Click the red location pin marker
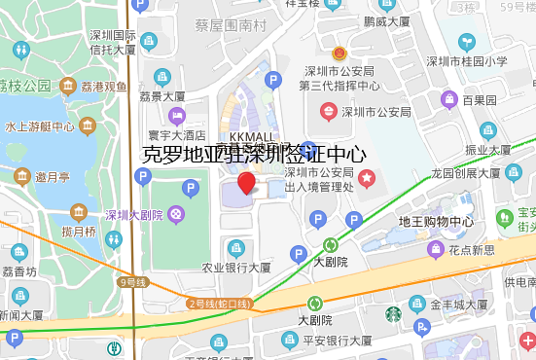tap(247, 183)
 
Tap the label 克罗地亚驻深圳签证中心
tap(254, 154)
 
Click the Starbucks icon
tap(393, 313)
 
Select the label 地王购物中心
tap(436, 221)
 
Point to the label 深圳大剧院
tap(134, 214)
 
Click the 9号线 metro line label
tap(132, 282)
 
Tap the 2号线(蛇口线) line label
tap(219, 304)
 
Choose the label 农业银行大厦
tap(235, 267)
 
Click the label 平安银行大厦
tap(337, 341)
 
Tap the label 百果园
tap(480, 99)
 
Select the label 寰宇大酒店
tap(176, 135)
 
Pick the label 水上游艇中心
tap(40, 126)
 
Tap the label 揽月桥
tap(78, 232)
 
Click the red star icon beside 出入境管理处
tap(367, 178)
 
